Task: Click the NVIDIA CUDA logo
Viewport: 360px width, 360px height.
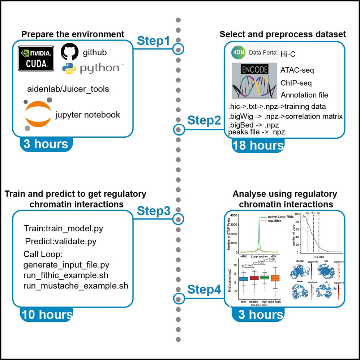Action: click(x=36, y=58)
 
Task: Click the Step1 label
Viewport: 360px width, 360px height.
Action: click(x=153, y=41)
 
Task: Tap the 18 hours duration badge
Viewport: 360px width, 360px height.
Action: click(x=258, y=145)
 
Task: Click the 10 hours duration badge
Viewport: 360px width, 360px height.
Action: click(x=47, y=314)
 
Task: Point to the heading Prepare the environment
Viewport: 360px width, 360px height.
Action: click(x=73, y=34)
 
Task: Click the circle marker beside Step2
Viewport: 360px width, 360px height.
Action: click(x=178, y=129)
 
